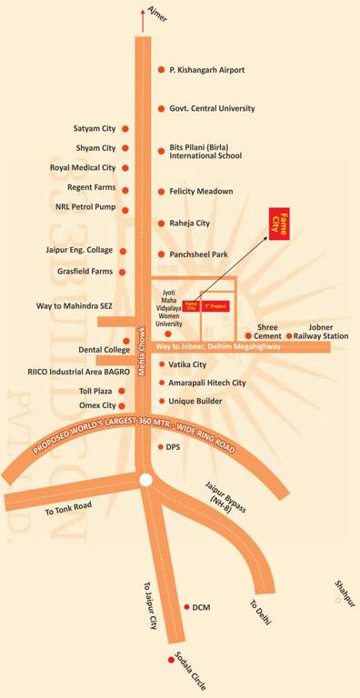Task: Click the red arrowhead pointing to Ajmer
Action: tap(142, 12)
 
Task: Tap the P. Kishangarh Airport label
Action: tap(206, 70)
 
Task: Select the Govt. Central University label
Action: tap(212, 108)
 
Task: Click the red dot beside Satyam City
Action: tap(125, 129)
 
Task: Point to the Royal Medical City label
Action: tap(83, 167)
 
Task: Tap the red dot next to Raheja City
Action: tap(160, 223)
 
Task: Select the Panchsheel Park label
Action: tap(198, 255)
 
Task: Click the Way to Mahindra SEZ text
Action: tap(74, 306)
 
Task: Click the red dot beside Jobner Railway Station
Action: tap(289, 336)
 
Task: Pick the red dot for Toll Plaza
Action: tap(125, 389)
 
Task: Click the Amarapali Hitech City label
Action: tap(207, 384)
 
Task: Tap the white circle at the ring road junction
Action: tap(145, 479)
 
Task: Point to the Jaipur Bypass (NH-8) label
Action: tap(224, 495)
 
